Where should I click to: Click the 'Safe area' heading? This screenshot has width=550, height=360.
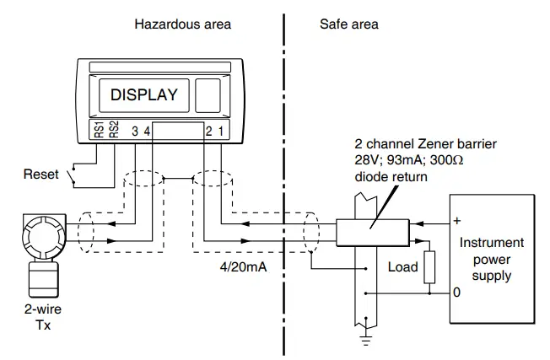pyautogui.click(x=348, y=24)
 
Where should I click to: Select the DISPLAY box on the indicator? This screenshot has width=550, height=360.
pyautogui.click(x=144, y=94)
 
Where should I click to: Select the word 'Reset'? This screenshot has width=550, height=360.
pyautogui.click(x=41, y=175)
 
